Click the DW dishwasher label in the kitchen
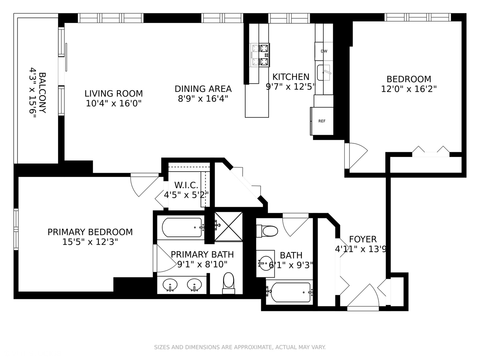(x=324, y=51)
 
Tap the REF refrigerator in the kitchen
(x=322, y=121)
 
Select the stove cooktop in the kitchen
(x=260, y=55)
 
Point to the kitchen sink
(x=323, y=73)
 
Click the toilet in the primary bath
(x=228, y=283)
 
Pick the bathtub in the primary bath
(x=182, y=227)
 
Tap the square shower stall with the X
(x=228, y=226)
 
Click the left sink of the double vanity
(x=170, y=285)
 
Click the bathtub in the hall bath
(x=289, y=292)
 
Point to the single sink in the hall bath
(x=266, y=263)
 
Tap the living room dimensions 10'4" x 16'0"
(x=114, y=104)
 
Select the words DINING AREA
(x=203, y=89)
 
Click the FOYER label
(x=363, y=239)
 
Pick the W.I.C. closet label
(x=186, y=185)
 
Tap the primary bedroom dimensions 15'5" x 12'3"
(x=90, y=242)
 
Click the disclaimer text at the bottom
(x=240, y=347)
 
